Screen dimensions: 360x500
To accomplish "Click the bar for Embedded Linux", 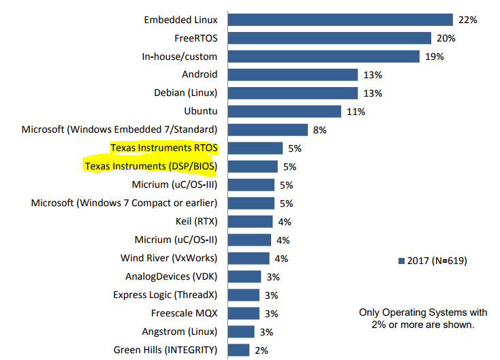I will pyautogui.click(x=340, y=20).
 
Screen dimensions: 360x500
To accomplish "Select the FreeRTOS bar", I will pyautogui.click(x=329, y=38).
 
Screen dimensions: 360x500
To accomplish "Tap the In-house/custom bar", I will pyautogui.click(x=323, y=56).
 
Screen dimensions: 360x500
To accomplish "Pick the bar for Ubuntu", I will pyautogui.click(x=284, y=111).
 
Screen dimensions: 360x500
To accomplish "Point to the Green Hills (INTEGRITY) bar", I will pyautogui.click(x=238, y=350).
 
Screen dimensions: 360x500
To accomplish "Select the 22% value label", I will pyautogui.click(x=468, y=20).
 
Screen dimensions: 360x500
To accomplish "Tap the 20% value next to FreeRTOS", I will pyautogui.click(x=446, y=38).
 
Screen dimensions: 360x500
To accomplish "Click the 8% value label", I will pyautogui.click(x=320, y=129).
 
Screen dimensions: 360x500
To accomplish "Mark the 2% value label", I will pyautogui.click(x=262, y=350).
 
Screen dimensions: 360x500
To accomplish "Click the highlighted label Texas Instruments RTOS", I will pyautogui.click(x=168, y=148).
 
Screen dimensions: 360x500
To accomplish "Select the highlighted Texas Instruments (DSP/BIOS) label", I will pyautogui.click(x=155, y=166).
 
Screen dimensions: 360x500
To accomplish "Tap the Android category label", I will pyautogui.click(x=200, y=74).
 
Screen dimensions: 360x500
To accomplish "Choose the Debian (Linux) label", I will pyautogui.click(x=185, y=93).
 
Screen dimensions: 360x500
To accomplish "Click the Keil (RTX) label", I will pyautogui.click(x=196, y=221).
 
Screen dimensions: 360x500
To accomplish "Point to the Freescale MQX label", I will pyautogui.click(x=184, y=313).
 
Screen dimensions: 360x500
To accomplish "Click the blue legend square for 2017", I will pyautogui.click(x=401, y=261).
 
